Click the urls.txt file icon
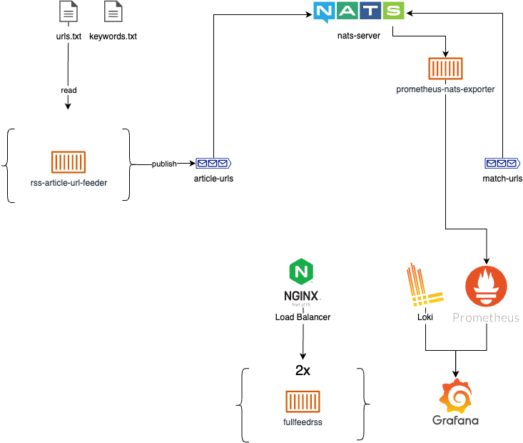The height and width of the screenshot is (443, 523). coord(68,13)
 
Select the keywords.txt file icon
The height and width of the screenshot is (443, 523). coord(113,13)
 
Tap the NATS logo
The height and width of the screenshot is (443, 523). coord(359,12)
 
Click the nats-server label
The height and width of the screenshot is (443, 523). coord(359,34)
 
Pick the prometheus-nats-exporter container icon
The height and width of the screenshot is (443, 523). coord(445,69)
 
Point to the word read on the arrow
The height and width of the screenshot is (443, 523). coord(68,91)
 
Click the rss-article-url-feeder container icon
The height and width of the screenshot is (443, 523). coord(68,162)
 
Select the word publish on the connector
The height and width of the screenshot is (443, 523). coord(164,164)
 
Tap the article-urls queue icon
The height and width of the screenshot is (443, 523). coord(213,164)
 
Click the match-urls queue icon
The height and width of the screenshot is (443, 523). coord(502,163)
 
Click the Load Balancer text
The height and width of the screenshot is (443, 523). coord(303,317)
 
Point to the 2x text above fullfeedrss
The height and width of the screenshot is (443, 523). coord(303,372)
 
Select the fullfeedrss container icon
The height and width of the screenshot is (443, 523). coord(303,402)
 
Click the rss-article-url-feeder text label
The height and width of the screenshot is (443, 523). coord(68,183)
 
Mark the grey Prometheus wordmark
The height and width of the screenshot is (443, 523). coord(486,317)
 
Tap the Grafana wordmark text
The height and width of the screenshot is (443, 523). coord(455,420)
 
